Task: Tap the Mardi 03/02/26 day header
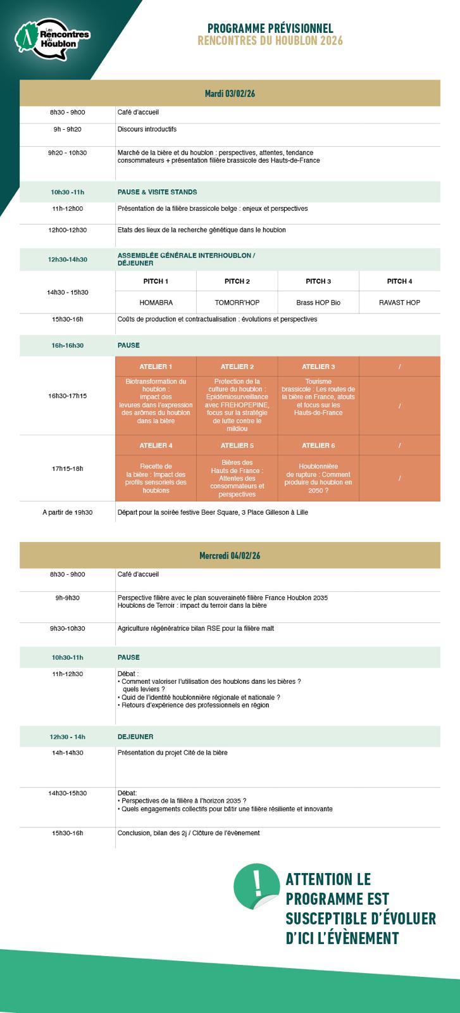(x=230, y=94)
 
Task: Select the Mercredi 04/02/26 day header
(x=230, y=555)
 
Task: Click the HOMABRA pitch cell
(x=156, y=303)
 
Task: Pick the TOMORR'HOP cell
(x=237, y=303)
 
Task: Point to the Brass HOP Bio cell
(x=318, y=303)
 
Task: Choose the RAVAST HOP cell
(x=399, y=303)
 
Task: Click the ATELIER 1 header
(x=156, y=367)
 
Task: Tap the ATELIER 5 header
(x=237, y=446)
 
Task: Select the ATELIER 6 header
(x=318, y=446)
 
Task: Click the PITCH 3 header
(x=318, y=281)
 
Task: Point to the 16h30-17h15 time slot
(x=68, y=396)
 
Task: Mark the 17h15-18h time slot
(x=68, y=469)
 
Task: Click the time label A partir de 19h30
(x=68, y=512)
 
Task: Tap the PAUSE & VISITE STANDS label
(x=157, y=192)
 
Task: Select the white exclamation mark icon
(x=256, y=881)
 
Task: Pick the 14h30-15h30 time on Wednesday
(x=68, y=793)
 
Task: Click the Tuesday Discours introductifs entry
(x=147, y=129)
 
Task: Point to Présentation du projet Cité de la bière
(x=172, y=753)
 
